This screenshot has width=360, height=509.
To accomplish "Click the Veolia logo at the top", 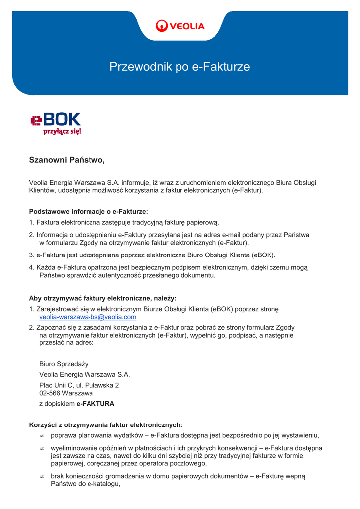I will pyautogui.click(x=180, y=26).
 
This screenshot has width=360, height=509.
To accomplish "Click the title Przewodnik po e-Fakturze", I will pyautogui.click(x=180, y=67).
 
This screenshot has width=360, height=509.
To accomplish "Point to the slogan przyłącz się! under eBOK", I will pyautogui.click(x=62, y=132).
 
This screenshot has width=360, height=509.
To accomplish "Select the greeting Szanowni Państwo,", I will pyautogui.click(x=67, y=160).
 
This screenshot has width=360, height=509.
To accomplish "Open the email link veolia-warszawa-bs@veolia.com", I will pyautogui.click(x=88, y=317).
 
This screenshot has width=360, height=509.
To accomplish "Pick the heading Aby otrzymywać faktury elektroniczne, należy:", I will pyautogui.click(x=102, y=298).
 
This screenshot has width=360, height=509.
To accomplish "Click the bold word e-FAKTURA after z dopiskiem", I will pyautogui.click(x=95, y=404).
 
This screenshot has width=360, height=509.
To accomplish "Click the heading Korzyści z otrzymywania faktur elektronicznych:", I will pyautogui.click(x=106, y=425).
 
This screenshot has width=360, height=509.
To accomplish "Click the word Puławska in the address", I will pyautogui.click(x=99, y=385).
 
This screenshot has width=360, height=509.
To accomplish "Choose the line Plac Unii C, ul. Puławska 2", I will pyautogui.click(x=79, y=385).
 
